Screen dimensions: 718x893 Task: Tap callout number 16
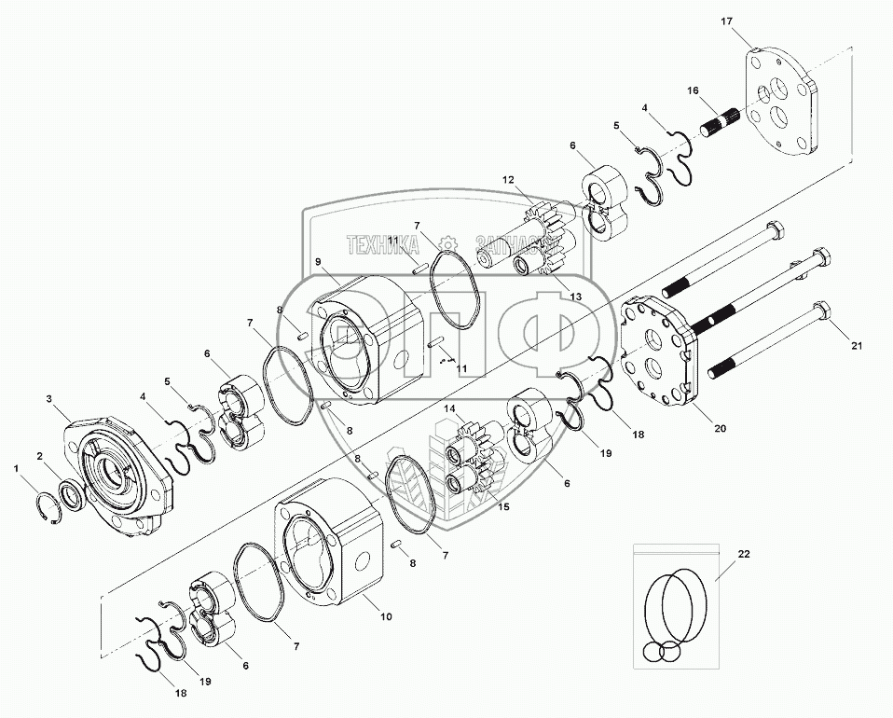pyautogui.click(x=693, y=90)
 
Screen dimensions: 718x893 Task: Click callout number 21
pyautogui.click(x=857, y=346)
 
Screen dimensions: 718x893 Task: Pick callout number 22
pyautogui.click(x=743, y=554)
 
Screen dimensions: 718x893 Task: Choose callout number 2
pyautogui.click(x=39, y=455)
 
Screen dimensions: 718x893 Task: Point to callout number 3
pyautogui.click(x=49, y=398)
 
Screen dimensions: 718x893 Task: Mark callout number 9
pyautogui.click(x=318, y=262)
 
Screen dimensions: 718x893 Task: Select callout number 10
pyautogui.click(x=386, y=616)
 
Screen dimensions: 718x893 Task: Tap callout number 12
pyautogui.click(x=508, y=179)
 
